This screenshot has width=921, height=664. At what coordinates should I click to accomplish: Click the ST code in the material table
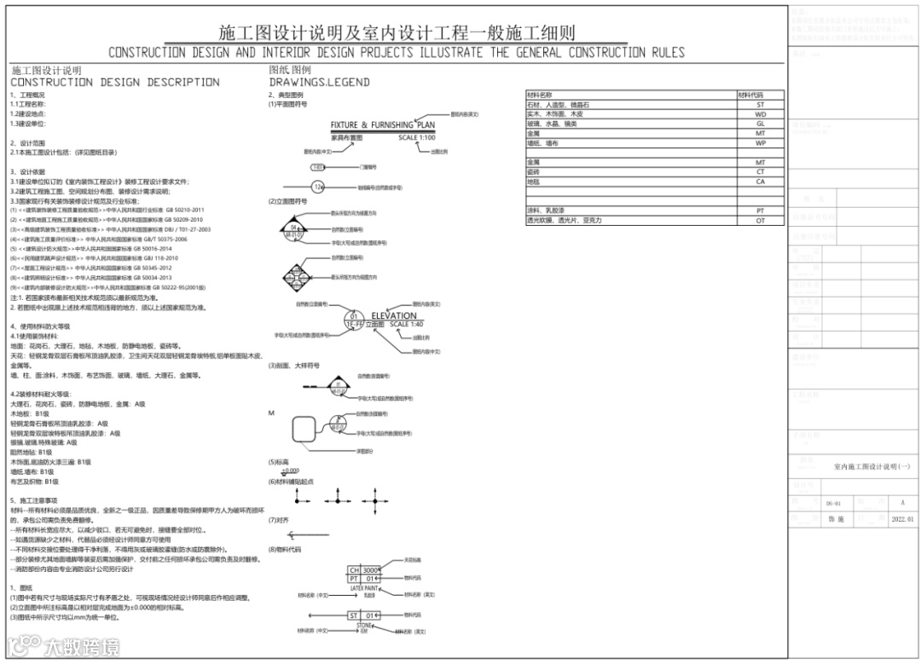760,105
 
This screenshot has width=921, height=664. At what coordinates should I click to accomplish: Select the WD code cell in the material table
760,114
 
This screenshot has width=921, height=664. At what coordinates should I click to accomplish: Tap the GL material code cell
760,124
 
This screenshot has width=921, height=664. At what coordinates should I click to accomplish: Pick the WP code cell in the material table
760,143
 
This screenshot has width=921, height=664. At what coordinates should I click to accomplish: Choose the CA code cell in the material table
760,182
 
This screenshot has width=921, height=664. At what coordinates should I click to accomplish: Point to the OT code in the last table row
760,221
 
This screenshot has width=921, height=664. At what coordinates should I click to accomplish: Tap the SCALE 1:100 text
417,137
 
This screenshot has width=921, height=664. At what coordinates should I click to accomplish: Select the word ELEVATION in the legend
393,316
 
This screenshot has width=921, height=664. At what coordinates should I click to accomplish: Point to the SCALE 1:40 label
406,325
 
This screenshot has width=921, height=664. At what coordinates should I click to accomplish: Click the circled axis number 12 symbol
318,187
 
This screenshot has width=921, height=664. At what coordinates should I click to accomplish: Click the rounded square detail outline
305,431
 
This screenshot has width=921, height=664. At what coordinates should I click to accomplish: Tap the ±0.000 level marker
291,471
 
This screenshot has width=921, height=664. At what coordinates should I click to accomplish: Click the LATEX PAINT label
364,588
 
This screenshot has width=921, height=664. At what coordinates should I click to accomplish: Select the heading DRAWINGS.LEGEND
319,83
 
